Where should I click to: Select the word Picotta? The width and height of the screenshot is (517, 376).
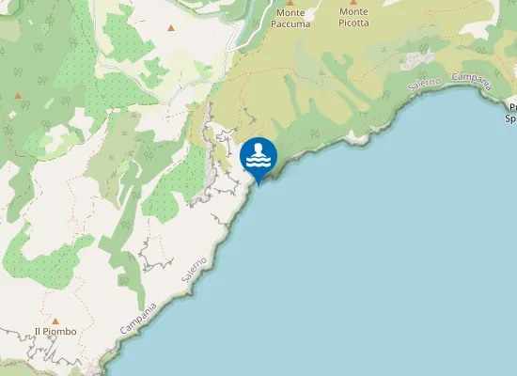click(354, 23)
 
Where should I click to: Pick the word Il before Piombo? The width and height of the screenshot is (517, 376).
click(38, 332)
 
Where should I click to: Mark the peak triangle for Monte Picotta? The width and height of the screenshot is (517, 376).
click(353, 3)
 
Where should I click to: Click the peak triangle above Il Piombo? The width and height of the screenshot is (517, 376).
click(55, 321)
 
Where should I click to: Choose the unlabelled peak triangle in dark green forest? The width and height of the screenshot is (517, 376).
click(17, 95)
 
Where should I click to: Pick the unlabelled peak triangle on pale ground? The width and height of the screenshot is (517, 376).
click(170, 27)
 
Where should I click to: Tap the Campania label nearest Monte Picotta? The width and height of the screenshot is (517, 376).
click(473, 81)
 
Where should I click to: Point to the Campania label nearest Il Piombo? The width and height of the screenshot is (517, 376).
click(141, 316)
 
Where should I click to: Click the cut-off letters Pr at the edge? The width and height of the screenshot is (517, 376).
click(511, 108)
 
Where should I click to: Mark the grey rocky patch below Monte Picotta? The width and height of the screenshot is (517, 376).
click(415, 60)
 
